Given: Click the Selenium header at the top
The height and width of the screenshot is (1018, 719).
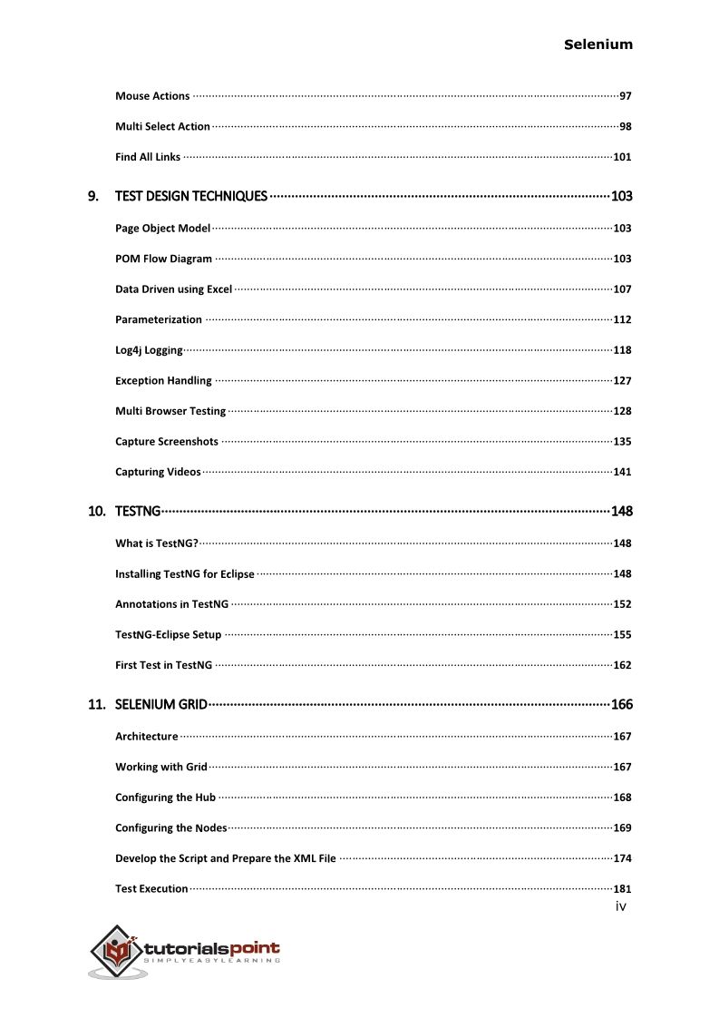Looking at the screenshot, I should point(598,44).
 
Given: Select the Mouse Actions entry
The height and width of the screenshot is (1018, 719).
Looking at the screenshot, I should point(152,96).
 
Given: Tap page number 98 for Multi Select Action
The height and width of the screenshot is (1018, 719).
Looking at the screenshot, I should point(625,127).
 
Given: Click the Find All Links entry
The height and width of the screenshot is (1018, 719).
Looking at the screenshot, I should point(148,157).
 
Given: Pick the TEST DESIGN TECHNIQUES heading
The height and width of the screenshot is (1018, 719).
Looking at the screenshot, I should point(191,196).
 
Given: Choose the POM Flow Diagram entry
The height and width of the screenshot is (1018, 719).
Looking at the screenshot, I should point(163,259).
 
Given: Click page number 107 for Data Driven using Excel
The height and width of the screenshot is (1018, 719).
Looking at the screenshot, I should point(622,289).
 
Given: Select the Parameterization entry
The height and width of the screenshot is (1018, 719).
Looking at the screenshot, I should point(159,319).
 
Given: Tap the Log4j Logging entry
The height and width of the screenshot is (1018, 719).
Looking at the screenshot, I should point(149,350).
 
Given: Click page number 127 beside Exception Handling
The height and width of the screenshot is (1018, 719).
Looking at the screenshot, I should point(622,381).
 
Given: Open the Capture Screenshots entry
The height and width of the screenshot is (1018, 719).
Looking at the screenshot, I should point(167,442).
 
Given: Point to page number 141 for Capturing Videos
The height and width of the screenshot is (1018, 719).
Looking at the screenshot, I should point(622,472).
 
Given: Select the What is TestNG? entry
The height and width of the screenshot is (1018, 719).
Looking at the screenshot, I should point(157,543).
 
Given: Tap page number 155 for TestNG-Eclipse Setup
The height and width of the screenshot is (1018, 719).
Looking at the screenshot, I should point(622,635).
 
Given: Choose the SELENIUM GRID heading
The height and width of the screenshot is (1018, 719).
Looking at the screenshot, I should point(161,705).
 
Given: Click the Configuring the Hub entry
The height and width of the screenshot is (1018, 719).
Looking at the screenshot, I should point(165,798).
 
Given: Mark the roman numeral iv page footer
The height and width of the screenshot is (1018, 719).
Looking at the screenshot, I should point(620,905).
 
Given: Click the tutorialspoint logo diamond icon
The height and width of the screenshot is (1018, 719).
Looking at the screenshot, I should point(116,951).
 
